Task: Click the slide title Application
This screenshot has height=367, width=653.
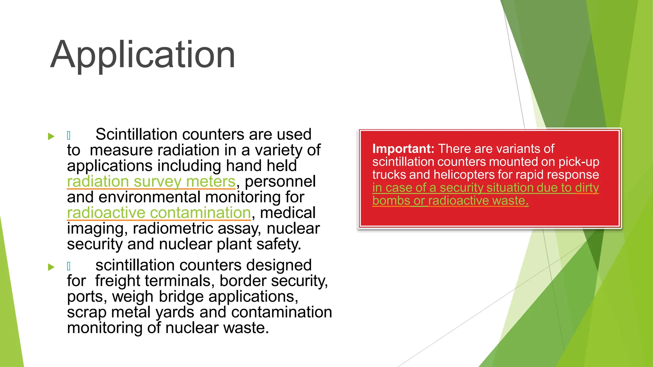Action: pyautogui.click(x=143, y=55)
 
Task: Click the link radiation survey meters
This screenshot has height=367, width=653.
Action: pyautogui.click(x=151, y=182)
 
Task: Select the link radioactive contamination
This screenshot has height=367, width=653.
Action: pyautogui.click(x=159, y=213)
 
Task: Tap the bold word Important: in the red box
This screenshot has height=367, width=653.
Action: pyautogui.click(x=403, y=149)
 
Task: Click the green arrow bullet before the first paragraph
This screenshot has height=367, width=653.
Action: pyautogui.click(x=51, y=136)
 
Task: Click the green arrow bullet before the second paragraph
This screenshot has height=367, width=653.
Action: pyautogui.click(x=51, y=267)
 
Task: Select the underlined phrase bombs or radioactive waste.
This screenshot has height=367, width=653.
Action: pyautogui.click(x=450, y=201)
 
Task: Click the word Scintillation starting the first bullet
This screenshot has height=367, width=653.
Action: pyautogui.click(x=136, y=134)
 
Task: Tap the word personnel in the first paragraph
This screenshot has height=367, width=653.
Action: pyautogui.click(x=280, y=182)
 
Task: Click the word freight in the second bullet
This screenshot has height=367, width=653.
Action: pyautogui.click(x=117, y=281)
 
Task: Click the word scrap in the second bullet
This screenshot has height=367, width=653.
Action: pyautogui.click(x=86, y=312)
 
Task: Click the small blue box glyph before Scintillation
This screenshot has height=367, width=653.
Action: pyautogui.click(x=69, y=136)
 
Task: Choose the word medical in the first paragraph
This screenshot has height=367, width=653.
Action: pyautogui.click(x=288, y=213)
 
